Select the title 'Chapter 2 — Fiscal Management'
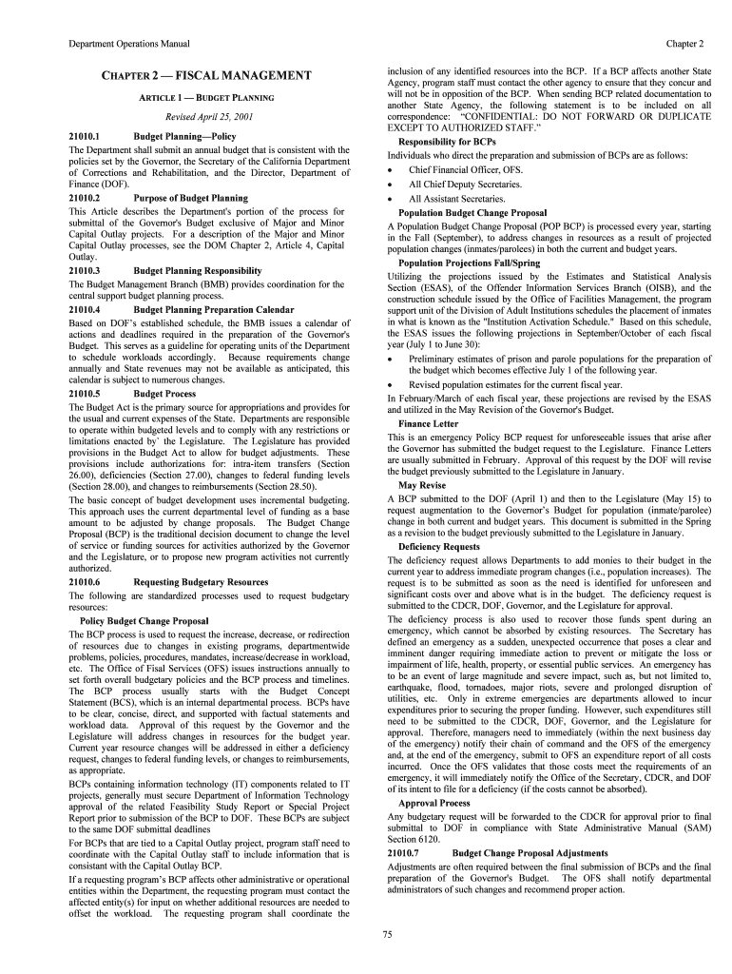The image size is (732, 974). [207, 75]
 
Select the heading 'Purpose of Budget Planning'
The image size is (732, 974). [190, 198]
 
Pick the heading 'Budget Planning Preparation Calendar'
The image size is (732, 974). [214, 309]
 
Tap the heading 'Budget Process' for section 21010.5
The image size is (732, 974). [164, 394]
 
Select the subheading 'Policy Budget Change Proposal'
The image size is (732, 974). [144, 620]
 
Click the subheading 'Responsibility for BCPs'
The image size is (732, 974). [447, 142]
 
